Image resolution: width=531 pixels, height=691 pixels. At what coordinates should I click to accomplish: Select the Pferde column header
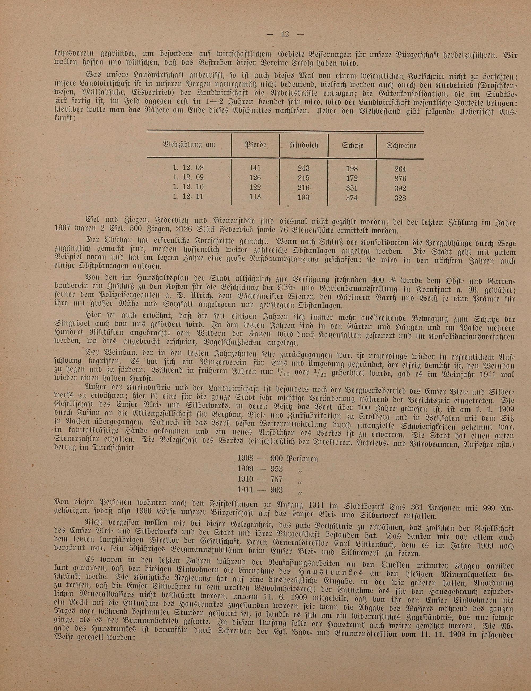coord(255,146)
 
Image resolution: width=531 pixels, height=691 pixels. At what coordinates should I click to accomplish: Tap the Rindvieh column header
coord(303,146)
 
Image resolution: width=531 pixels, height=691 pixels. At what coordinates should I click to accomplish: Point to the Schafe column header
coord(352,146)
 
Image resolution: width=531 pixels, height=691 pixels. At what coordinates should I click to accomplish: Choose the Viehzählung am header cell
coord(189,145)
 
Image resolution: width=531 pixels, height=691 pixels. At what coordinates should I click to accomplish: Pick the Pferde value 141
coord(255,168)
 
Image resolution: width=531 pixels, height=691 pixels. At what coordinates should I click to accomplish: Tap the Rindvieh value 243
coord(303,168)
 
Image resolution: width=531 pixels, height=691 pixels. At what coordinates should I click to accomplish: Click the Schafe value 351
coord(352,188)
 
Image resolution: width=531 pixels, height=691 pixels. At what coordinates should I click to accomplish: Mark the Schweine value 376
coord(400,178)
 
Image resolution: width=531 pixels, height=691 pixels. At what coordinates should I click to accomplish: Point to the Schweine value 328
coord(400,198)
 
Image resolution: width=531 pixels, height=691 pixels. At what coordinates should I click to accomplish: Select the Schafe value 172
coord(352,178)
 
